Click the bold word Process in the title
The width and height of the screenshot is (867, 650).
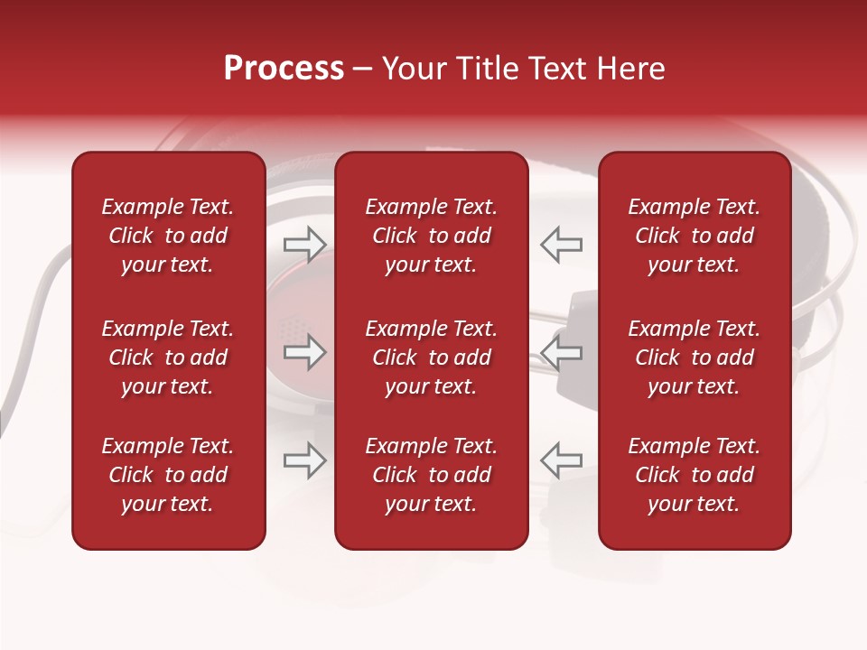(284, 69)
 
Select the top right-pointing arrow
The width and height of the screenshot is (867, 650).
(305, 245)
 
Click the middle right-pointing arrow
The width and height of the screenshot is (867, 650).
(305, 352)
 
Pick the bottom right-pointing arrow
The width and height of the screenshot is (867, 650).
(305, 460)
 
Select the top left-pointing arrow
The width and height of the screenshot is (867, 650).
(561, 245)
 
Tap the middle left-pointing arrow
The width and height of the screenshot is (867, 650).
(561, 352)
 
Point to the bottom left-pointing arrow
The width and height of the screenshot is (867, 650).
(561, 460)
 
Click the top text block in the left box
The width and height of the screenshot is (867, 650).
(168, 236)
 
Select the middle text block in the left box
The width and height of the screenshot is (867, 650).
(168, 357)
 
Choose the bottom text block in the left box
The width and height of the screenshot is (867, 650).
(168, 475)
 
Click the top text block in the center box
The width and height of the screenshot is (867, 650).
(431, 236)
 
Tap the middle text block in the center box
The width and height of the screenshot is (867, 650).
(431, 357)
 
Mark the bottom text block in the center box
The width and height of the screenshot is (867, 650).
(431, 475)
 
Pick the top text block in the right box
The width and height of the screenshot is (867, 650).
(694, 236)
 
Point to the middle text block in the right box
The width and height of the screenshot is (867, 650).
(694, 357)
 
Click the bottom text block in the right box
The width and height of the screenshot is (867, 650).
(694, 475)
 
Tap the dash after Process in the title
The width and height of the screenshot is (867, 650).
(362, 70)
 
